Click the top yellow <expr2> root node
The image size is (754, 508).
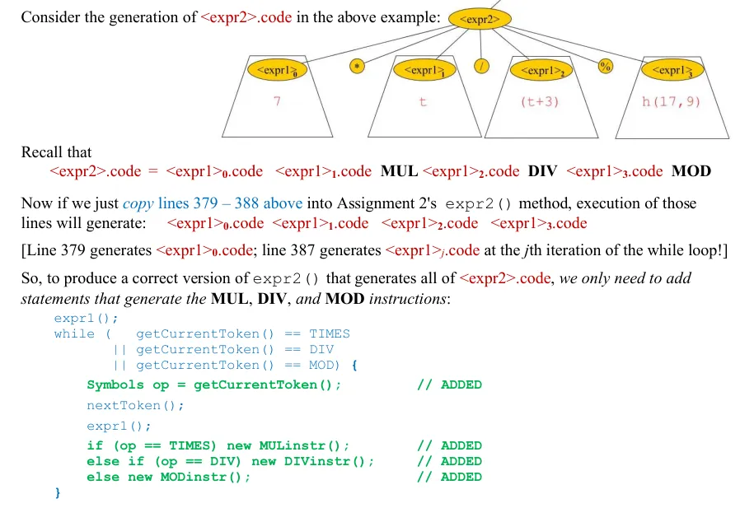pyautogui.click(x=480, y=20)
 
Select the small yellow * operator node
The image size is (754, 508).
pyautogui.click(x=357, y=67)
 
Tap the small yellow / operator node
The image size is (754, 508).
pyautogui.click(x=480, y=67)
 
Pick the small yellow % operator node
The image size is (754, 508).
pyautogui.click(x=605, y=67)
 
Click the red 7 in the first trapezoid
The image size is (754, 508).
pyautogui.click(x=278, y=102)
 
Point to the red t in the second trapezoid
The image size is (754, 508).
pyautogui.click(x=423, y=102)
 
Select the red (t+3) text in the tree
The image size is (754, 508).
pyautogui.click(x=540, y=102)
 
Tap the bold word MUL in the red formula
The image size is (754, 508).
pyautogui.click(x=399, y=171)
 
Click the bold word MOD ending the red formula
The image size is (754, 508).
pyautogui.click(x=691, y=171)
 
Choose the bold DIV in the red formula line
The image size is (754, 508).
pyautogui.click(x=542, y=171)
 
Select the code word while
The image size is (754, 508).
pyautogui.click(x=74, y=333)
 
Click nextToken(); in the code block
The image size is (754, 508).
pyautogui.click(x=135, y=405)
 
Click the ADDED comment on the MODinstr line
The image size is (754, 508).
pyautogui.click(x=449, y=477)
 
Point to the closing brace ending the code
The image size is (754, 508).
pyautogui.click(x=58, y=492)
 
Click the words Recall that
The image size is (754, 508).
pyautogui.click(x=56, y=152)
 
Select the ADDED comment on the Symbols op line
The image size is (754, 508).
pyautogui.click(x=449, y=384)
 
